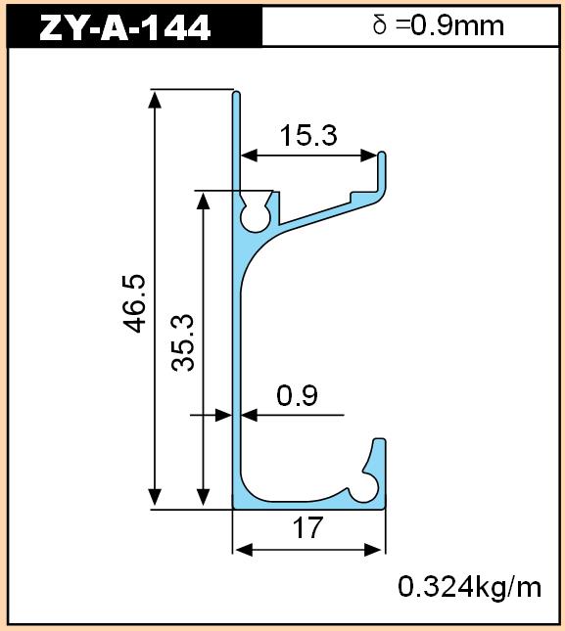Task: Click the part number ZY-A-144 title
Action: [x=124, y=26]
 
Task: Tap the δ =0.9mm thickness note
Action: [x=438, y=25]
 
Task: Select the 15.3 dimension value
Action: [x=308, y=135]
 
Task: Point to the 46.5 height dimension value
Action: [x=134, y=304]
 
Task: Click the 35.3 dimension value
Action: [x=183, y=342]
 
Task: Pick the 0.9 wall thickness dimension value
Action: [x=298, y=395]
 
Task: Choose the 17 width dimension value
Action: [x=308, y=527]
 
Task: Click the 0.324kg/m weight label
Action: [x=470, y=587]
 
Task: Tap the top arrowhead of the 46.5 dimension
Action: [x=155, y=99]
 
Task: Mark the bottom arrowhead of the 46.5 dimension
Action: [x=155, y=498]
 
